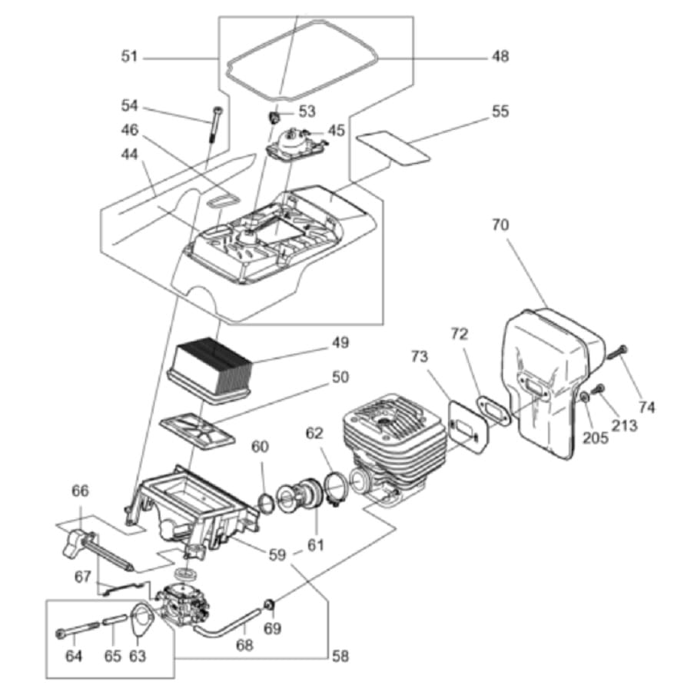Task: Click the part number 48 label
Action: [500, 56]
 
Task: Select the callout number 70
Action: [500, 225]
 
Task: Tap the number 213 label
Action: [624, 425]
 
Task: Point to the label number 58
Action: [340, 657]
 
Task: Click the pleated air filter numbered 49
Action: [210, 371]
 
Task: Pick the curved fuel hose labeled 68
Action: [226, 622]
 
